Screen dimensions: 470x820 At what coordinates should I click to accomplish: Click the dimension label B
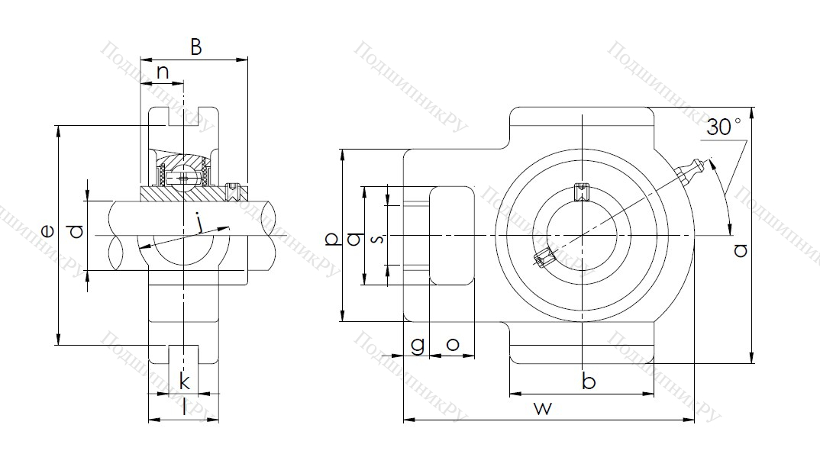click(x=195, y=48)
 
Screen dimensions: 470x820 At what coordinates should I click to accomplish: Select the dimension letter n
click(x=163, y=72)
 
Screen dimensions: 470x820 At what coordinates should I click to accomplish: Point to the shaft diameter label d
click(x=75, y=231)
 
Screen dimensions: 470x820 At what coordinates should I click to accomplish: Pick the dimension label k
click(x=183, y=381)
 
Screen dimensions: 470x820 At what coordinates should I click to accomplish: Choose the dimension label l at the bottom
click(x=183, y=407)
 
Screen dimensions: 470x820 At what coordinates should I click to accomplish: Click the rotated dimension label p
click(x=331, y=239)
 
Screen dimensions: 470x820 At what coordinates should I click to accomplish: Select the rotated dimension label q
click(x=354, y=239)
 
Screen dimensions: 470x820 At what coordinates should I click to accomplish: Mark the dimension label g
click(x=417, y=345)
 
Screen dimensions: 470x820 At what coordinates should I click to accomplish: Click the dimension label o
click(x=452, y=344)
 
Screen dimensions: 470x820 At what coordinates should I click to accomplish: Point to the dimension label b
click(x=588, y=380)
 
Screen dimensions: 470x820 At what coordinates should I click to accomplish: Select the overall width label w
click(x=542, y=408)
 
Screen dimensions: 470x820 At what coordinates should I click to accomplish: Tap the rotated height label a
click(x=739, y=249)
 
